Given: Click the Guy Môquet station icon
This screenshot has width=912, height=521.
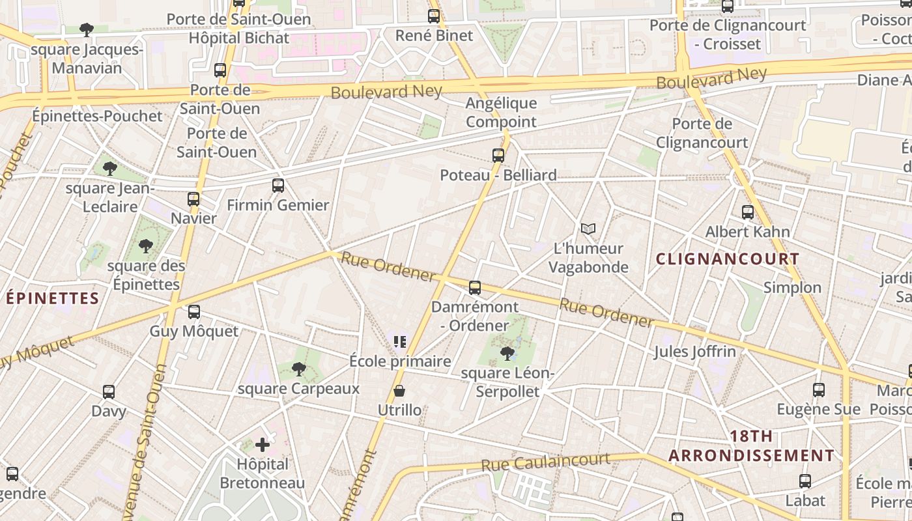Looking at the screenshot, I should [x=193, y=312].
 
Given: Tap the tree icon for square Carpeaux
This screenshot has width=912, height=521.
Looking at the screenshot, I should [x=298, y=369].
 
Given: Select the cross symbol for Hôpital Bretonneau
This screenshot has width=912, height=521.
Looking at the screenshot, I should [x=263, y=445].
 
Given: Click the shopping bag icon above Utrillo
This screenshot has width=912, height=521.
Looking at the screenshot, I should [x=399, y=391].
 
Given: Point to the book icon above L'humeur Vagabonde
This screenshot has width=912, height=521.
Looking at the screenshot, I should [x=588, y=229].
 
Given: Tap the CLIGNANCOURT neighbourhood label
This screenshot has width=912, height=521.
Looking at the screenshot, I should [x=728, y=259].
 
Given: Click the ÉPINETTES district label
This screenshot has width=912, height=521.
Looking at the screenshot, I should [x=52, y=298].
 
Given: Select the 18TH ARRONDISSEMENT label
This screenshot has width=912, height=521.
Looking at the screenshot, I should [x=751, y=446].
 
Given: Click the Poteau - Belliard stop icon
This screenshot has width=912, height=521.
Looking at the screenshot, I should [x=498, y=155].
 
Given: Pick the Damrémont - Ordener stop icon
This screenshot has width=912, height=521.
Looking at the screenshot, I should [x=475, y=287].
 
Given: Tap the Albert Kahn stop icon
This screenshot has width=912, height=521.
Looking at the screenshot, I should [x=748, y=212].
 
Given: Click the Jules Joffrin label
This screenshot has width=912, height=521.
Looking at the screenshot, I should [x=694, y=352].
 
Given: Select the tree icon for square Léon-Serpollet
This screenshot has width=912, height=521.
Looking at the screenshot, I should [x=507, y=353].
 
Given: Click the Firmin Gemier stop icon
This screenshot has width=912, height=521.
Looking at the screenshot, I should [x=278, y=185].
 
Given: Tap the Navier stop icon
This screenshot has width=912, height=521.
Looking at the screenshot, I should [x=193, y=199].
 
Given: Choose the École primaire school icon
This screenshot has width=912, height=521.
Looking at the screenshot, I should [x=400, y=341].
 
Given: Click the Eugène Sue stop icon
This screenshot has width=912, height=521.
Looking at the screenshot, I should [x=819, y=389].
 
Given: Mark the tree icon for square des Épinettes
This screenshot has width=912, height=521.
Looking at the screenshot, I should [x=145, y=246].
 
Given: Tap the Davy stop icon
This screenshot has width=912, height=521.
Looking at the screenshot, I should [x=109, y=392].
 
